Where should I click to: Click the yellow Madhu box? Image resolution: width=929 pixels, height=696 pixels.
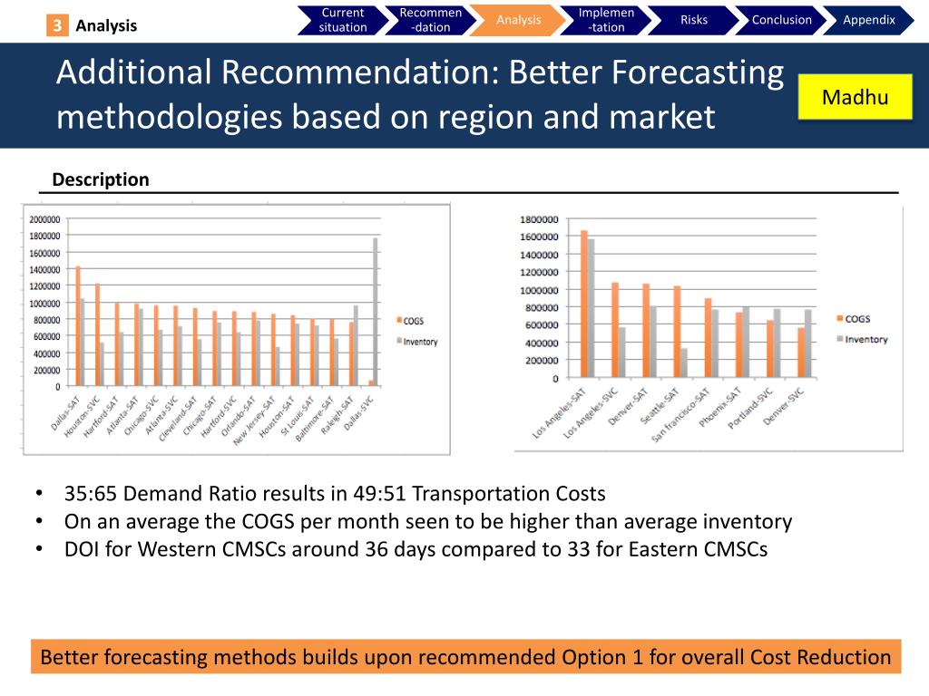point(855,98)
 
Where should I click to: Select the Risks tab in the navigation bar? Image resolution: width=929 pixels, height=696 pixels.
point(693,20)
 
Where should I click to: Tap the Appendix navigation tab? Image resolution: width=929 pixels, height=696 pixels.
point(868,20)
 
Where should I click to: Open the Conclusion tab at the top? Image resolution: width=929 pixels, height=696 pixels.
point(781,20)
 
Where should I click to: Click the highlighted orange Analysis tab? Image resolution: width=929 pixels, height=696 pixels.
point(519,20)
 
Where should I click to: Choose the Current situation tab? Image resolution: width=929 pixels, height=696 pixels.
point(343,20)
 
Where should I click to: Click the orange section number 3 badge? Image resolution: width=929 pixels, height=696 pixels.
point(57,25)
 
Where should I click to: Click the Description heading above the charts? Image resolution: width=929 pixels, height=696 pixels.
point(101,179)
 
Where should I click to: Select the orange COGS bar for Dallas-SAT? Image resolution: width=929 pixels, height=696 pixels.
point(78,325)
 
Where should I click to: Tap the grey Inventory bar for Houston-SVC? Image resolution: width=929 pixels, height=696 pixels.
point(103,363)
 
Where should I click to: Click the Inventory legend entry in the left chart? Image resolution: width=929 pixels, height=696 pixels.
point(420,342)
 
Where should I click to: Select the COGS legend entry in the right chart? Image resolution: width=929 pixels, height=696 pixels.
point(857,319)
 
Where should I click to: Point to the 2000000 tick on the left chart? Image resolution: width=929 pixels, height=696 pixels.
point(44,219)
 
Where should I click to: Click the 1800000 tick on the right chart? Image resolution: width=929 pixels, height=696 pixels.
point(539,219)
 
